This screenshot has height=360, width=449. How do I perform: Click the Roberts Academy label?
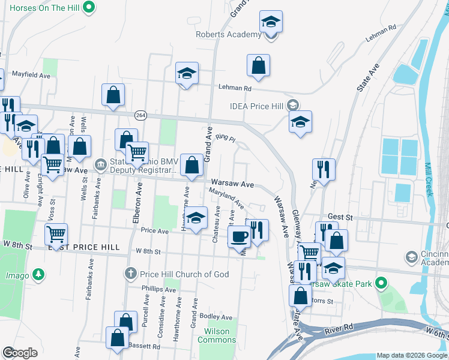pos(229,34)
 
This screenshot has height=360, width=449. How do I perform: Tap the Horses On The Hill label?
pos(41,8)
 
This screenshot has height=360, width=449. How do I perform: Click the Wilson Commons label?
pos(217,335)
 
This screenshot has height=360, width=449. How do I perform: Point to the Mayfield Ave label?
pos(30,76)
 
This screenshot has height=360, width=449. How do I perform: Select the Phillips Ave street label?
pos(158,289)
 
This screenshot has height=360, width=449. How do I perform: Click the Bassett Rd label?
pos(147,346)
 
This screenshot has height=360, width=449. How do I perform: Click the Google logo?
pos(20,353)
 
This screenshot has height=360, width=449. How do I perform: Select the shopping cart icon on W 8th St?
pos(56,234)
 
